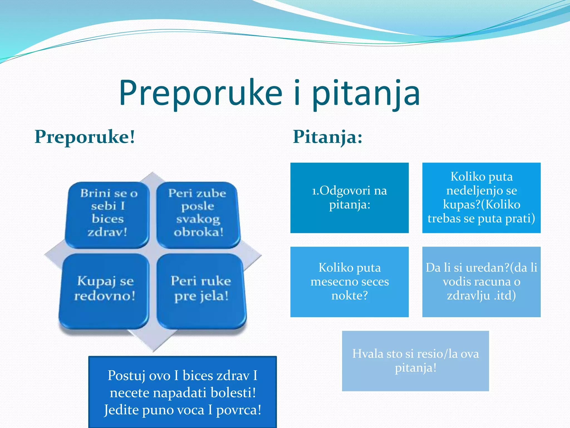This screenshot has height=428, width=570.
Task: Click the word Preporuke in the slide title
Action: (200, 93)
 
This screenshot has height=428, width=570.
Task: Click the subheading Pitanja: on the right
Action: (328, 137)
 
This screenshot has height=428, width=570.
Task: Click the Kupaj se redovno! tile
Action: (104, 290)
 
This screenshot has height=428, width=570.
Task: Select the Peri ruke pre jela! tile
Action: (201, 290)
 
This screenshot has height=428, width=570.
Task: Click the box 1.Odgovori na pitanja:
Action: (349, 198)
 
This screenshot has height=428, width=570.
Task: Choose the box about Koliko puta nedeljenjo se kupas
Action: (481, 198)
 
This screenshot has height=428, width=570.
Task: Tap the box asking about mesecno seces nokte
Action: (349, 282)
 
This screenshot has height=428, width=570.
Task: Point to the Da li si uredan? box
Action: (481, 282)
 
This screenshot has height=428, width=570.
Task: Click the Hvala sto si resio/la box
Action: (415, 361)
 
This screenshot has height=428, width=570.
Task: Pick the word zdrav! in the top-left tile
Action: (107, 232)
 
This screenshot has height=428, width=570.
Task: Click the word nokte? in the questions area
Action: (350, 295)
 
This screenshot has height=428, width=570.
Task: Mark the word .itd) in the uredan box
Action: (505, 295)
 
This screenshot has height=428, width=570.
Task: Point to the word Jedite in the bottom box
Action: (121, 410)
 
